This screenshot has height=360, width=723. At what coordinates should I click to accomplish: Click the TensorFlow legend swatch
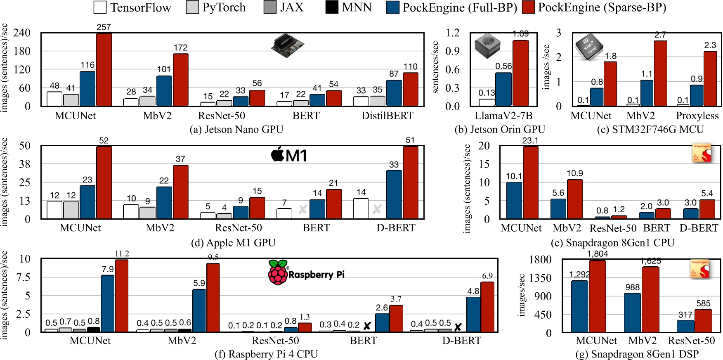[100, 7]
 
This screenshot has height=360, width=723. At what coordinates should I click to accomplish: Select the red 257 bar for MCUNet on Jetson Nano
[104, 69]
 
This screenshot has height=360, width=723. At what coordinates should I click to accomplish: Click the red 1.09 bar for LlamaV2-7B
[521, 73]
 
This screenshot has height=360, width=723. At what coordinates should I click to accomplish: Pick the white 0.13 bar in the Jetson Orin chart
[487, 102]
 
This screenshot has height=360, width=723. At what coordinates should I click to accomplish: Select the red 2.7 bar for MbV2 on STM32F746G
[660, 73]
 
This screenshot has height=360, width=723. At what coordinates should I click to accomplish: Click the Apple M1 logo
[289, 155]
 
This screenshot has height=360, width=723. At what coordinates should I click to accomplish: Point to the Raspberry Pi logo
[306, 272]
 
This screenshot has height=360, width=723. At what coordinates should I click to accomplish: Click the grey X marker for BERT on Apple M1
[302, 209]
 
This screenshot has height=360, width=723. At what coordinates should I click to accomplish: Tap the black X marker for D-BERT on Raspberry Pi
[458, 327]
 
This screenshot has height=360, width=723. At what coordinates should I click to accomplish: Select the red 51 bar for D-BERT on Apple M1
[410, 182]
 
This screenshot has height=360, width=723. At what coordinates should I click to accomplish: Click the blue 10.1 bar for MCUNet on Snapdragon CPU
[514, 200]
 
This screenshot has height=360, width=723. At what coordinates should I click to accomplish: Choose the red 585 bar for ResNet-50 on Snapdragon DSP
[703, 321]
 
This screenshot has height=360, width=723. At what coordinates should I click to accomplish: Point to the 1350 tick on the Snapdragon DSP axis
[540, 278]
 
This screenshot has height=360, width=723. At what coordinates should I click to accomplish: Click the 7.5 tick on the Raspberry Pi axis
[23, 277]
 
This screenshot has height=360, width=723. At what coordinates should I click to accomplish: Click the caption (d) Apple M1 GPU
[233, 243]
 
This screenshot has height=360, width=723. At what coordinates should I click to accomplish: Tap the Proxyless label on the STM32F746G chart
[697, 116]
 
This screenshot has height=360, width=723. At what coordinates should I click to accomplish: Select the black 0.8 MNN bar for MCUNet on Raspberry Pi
[94, 329]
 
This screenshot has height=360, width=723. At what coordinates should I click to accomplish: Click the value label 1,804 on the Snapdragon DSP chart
[597, 254]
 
